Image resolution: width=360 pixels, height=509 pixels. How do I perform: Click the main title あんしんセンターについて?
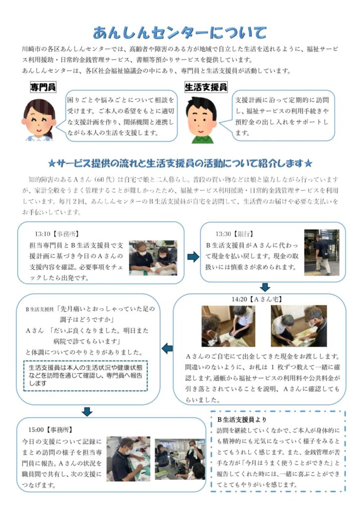point(180,32)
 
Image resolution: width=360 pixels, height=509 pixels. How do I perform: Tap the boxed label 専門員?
point(43,87)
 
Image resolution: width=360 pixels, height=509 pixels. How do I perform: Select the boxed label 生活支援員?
point(206,87)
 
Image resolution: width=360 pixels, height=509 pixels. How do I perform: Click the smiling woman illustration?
point(39,119)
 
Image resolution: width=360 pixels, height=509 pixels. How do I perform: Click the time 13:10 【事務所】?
point(57,234)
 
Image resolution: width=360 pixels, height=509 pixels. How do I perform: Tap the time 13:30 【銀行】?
point(234,234)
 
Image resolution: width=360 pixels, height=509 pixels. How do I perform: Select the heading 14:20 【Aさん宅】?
point(257,299)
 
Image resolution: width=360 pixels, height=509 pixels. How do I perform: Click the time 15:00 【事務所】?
point(50,429)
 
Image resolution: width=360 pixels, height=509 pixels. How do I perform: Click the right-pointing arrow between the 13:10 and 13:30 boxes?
point(193,257)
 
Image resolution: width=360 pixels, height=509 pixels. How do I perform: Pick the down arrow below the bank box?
point(265,287)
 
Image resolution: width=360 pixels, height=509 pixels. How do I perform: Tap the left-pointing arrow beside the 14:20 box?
point(167,348)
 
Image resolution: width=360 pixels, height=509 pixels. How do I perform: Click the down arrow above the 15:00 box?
point(87,412)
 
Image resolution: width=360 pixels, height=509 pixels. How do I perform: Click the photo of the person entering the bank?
point(322,253)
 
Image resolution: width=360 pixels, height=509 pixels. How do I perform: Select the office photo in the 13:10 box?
point(153,258)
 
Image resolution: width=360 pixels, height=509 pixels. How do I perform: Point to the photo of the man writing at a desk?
point(128,459)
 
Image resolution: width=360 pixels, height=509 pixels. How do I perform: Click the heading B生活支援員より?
point(242,420)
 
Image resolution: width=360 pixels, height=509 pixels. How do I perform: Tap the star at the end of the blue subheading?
point(308,163)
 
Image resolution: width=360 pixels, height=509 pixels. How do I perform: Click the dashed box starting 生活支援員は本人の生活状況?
point(86,376)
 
